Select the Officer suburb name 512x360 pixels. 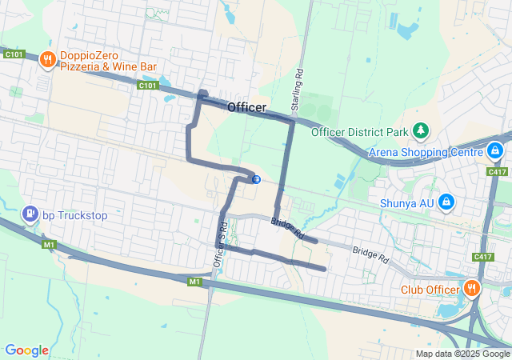pos(246,107)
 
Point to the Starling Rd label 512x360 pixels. pos(298,90)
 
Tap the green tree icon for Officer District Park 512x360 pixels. pos(421,130)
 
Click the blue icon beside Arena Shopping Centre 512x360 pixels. pos(495,150)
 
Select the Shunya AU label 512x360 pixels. pos(406,203)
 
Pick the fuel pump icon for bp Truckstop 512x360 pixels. pos(29,214)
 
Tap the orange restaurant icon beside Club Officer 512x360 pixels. pos(472,288)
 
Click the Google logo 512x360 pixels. pos(26,350)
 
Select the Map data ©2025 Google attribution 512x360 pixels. pos(462,354)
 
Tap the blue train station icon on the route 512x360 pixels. pos(255,179)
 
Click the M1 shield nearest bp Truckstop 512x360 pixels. pos(50,245)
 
